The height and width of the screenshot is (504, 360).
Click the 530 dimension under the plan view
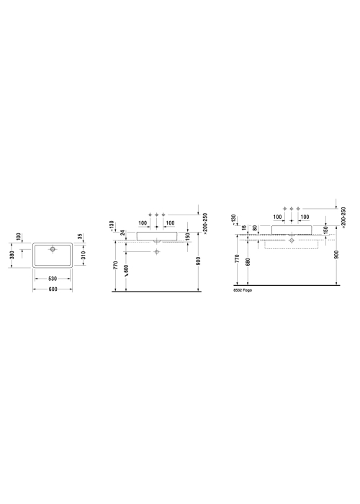(53, 279)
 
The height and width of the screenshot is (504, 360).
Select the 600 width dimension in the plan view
(53, 289)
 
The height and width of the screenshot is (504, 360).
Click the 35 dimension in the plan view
(81, 237)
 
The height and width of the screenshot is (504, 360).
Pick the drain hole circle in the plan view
(53, 249)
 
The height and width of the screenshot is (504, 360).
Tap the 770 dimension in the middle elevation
(116, 265)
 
